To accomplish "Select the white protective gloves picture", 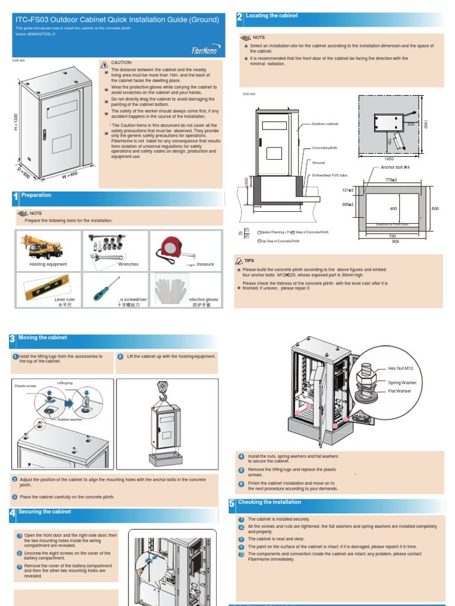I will coord(171,288).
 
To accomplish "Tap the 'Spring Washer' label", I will coord(402,382).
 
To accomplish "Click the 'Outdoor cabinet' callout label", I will coord(325,124).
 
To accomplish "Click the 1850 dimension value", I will coord(389,159).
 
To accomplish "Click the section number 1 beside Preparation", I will coord(15,197).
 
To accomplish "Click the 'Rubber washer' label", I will coord(70,419).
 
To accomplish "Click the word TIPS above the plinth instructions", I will coord(249,260).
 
